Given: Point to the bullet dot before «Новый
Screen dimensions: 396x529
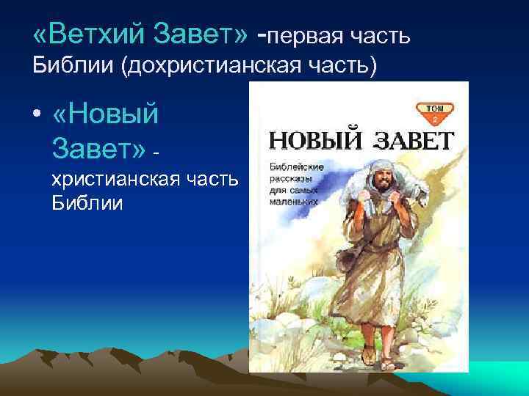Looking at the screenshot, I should click(x=37, y=117).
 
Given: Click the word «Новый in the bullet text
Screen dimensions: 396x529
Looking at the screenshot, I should click(x=107, y=116).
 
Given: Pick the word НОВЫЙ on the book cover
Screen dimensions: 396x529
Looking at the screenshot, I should click(x=310, y=139).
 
